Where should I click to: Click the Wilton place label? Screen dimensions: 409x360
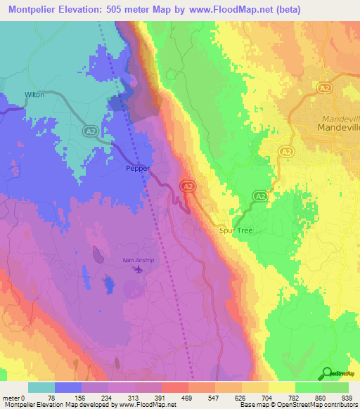tap(34, 94)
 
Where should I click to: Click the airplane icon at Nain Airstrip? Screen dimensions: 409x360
tap(139, 268)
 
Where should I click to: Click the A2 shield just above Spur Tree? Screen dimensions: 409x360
tap(259, 196)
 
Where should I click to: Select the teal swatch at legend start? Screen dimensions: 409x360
tap(41, 387)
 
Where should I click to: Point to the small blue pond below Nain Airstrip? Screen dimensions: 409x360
tap(109, 284)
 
